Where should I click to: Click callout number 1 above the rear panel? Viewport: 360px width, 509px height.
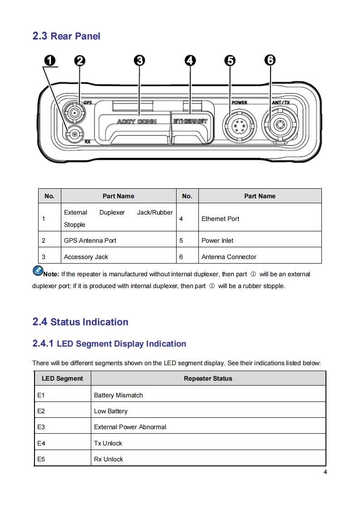tap(50, 60)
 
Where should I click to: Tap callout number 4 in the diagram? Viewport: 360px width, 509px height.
tap(190, 60)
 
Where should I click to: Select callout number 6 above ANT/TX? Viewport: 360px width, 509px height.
tap(270, 60)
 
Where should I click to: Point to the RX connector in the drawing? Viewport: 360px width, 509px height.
tap(74, 134)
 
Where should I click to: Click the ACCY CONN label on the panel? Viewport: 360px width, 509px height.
tap(137, 122)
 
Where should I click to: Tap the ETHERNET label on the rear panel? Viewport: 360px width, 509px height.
tap(190, 122)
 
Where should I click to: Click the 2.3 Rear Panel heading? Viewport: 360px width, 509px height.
tap(66, 36)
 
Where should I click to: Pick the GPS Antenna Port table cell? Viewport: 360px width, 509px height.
tap(90, 240)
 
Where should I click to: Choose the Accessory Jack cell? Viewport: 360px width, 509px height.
tap(86, 257)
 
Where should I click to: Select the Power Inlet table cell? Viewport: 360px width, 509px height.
tap(217, 240)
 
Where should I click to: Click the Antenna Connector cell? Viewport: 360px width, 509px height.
tap(229, 257)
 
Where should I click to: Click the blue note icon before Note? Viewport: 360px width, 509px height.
tap(37, 271)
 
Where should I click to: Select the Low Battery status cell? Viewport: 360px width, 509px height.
tap(111, 411)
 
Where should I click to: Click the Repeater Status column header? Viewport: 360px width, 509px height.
tap(208, 378)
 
